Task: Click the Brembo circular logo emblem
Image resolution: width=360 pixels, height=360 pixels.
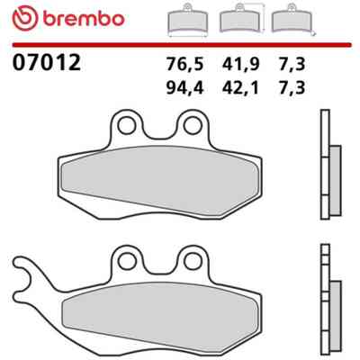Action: pos(25,18)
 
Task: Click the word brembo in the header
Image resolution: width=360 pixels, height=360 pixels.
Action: pos(84,19)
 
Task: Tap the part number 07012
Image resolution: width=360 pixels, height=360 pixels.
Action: pos(47,62)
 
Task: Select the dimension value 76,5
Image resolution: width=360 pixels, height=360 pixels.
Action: pos(184,64)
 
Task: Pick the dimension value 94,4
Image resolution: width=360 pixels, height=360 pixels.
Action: pos(184,88)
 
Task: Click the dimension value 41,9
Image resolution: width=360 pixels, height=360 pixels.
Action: pos(240,64)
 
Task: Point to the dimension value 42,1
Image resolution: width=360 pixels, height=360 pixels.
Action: pos(240,88)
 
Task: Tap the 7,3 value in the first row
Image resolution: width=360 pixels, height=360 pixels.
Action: pos(292,64)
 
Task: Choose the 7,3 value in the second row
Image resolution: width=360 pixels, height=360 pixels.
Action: pos(292,88)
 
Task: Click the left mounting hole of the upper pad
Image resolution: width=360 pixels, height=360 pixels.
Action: pos(127,126)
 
